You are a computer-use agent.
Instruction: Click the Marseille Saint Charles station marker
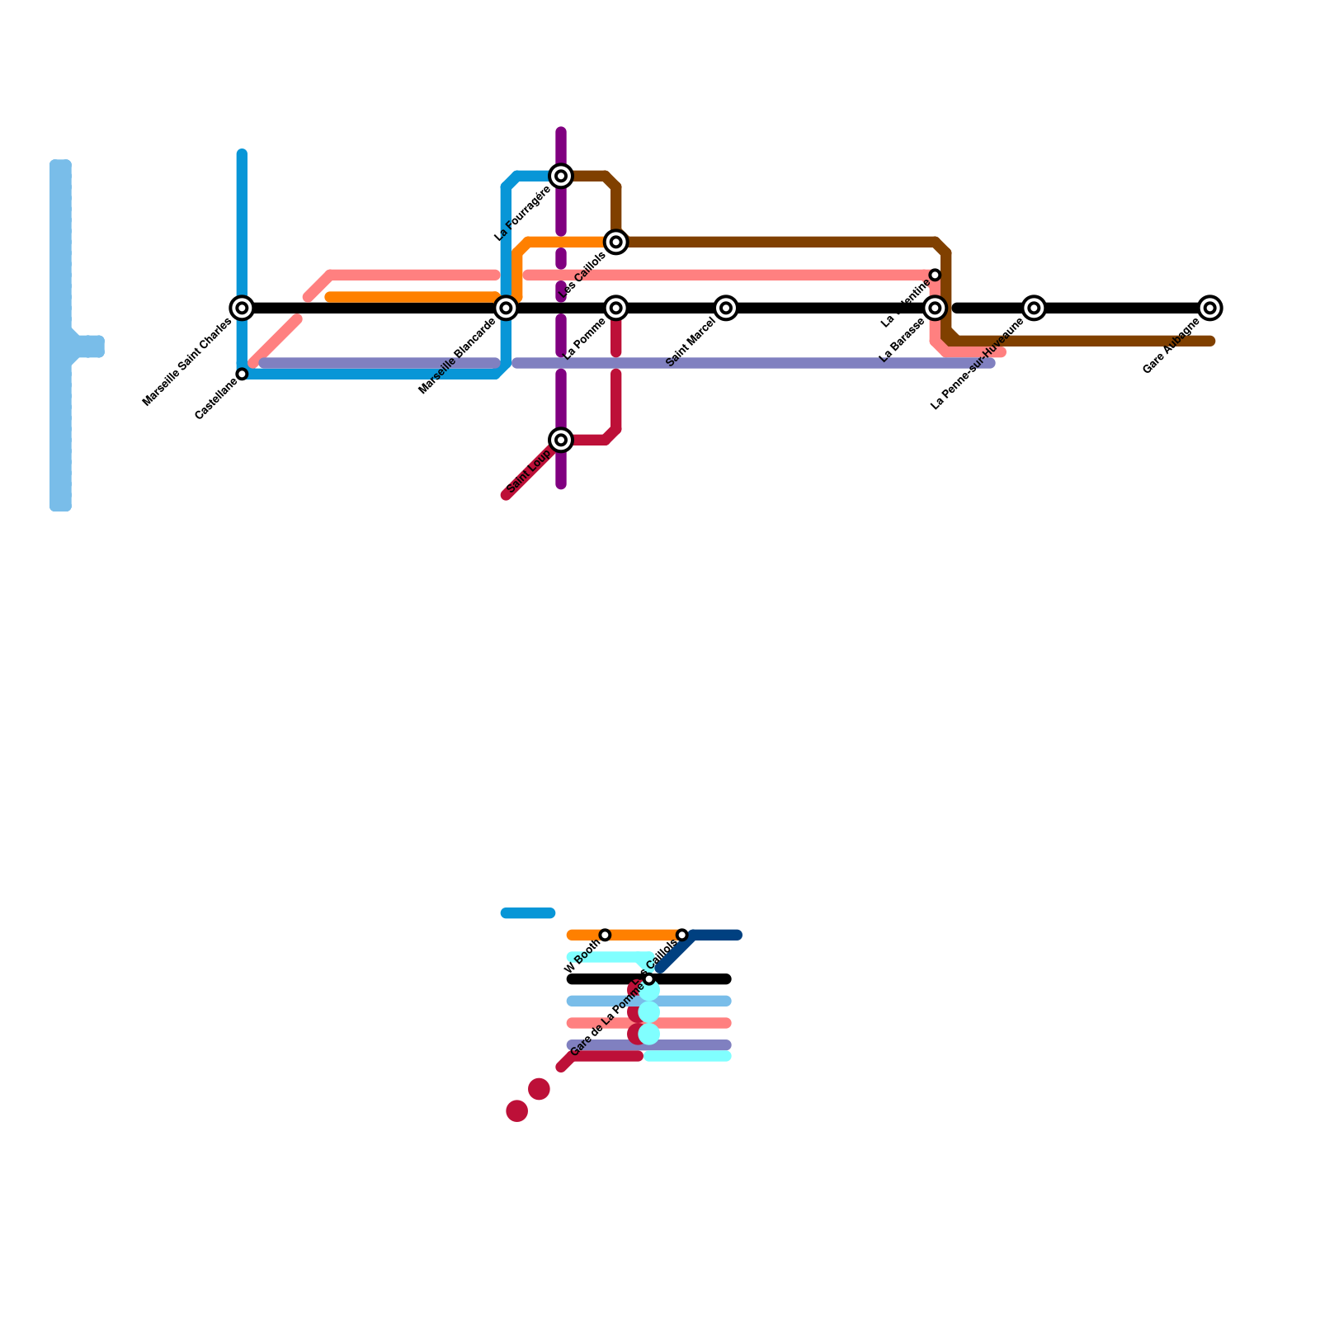(242, 308)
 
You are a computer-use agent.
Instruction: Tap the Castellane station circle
(242, 374)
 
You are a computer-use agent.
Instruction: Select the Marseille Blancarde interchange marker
(507, 308)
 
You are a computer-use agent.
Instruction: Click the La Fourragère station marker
(561, 176)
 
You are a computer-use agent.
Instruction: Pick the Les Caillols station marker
(616, 242)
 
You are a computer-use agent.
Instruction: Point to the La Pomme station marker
(616, 308)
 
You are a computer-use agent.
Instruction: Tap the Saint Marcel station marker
(726, 308)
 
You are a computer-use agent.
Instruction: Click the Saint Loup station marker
(561, 440)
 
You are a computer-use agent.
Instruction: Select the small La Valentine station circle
(935, 275)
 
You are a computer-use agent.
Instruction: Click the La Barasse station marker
(935, 308)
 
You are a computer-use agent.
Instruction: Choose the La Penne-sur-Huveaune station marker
(1034, 308)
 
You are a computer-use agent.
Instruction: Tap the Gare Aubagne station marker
(1210, 308)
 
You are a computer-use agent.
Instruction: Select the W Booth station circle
(605, 935)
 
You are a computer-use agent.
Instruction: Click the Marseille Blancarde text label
(457, 356)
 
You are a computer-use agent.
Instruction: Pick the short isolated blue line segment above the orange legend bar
(528, 912)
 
